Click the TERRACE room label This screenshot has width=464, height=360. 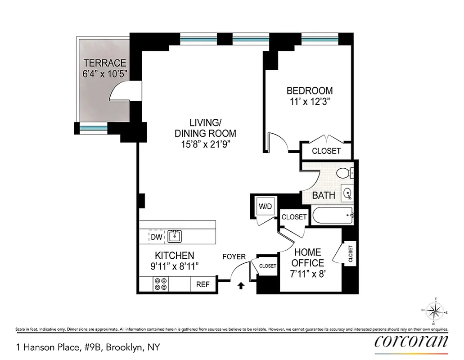tap(104, 63)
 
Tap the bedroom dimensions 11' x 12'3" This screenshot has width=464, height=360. tap(310, 102)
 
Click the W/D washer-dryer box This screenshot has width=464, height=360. tap(265, 207)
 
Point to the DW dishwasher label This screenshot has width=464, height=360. tap(156, 236)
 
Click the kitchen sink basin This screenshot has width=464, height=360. tap(175, 235)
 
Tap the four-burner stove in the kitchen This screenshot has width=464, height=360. tap(161, 284)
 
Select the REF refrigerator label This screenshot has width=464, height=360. tap(203, 284)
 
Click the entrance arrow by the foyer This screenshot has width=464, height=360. tap(241, 285)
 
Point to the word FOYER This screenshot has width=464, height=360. tap(234, 257)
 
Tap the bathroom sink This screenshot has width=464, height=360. tap(347, 194)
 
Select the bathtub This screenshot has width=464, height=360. tap(332, 216)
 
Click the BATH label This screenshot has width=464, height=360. tap(324, 195)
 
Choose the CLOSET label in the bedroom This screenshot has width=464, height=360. tap(326, 151)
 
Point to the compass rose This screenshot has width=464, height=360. tap(435, 311)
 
